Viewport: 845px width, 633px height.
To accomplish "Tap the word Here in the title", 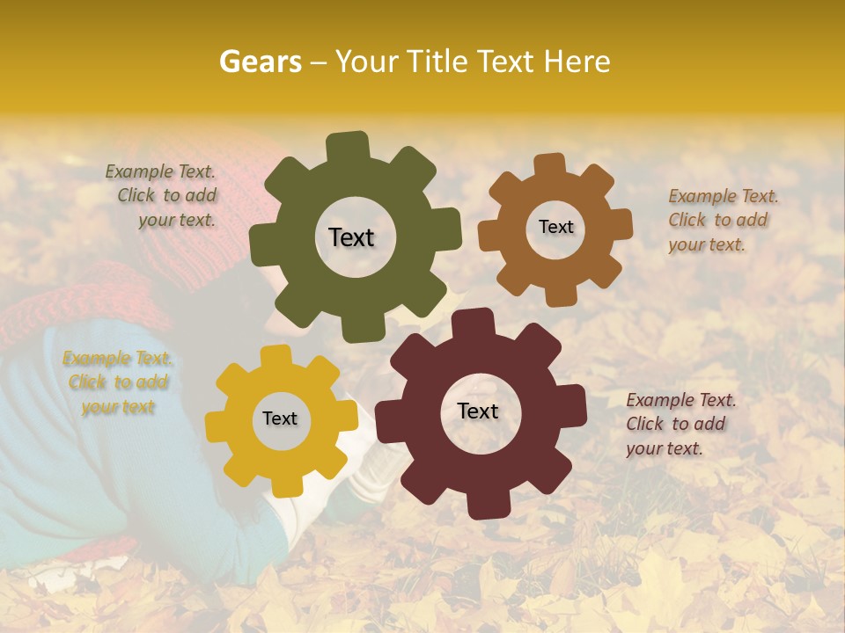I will [x=578, y=62].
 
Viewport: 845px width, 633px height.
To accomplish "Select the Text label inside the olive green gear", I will [x=351, y=237].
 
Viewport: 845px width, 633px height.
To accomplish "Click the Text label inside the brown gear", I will [x=555, y=227].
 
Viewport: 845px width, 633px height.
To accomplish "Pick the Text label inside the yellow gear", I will [x=280, y=419].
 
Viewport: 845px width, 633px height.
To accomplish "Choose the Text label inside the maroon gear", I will [x=478, y=411].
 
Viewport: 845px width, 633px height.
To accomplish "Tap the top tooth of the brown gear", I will [x=550, y=164].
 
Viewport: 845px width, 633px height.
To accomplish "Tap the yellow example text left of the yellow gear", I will [x=116, y=382].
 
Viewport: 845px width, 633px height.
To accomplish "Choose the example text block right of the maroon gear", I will [x=677, y=424].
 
